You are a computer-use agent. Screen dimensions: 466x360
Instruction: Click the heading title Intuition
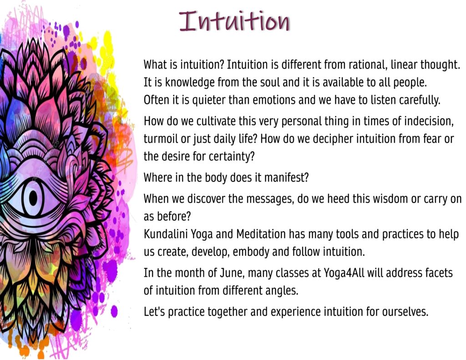click(x=234, y=21)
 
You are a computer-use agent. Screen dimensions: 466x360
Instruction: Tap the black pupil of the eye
click(x=33, y=198)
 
